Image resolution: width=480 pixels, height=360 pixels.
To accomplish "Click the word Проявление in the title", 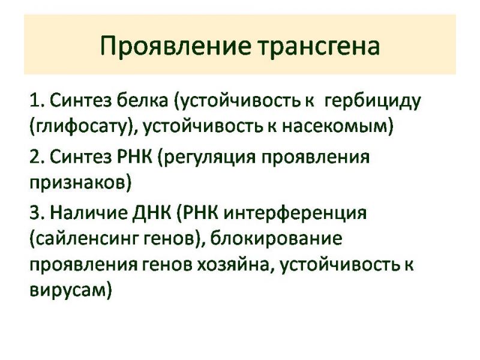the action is click(x=176, y=46).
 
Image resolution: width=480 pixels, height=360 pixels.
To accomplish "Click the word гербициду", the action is click(x=372, y=101).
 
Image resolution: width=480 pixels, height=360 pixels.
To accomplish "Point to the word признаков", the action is click(x=77, y=184).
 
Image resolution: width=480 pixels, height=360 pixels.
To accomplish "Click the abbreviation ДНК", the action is click(x=152, y=214).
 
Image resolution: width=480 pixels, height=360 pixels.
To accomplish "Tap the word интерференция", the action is click(x=295, y=214).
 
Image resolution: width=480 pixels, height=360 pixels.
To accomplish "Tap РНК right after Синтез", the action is click(x=134, y=157).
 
